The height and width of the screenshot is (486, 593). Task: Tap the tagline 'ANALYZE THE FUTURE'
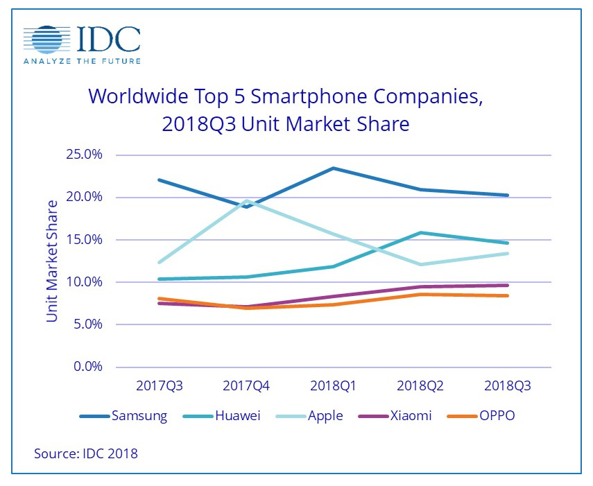[83, 61]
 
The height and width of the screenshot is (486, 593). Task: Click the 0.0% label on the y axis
[87, 367]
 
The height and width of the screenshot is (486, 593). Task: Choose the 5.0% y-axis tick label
[87, 324]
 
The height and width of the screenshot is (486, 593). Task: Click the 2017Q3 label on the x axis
[160, 385]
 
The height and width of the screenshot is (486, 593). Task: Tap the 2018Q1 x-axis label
[334, 385]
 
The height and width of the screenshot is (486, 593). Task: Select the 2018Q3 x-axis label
[508, 385]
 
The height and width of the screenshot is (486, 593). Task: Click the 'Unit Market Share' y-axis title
[53, 261]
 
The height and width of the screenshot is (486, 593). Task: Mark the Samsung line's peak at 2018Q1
[334, 168]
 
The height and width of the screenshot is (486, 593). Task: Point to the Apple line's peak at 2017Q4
[246, 200]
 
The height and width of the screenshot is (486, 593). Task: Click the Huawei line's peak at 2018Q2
[421, 232]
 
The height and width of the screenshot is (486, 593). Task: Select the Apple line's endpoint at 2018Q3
[508, 253]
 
